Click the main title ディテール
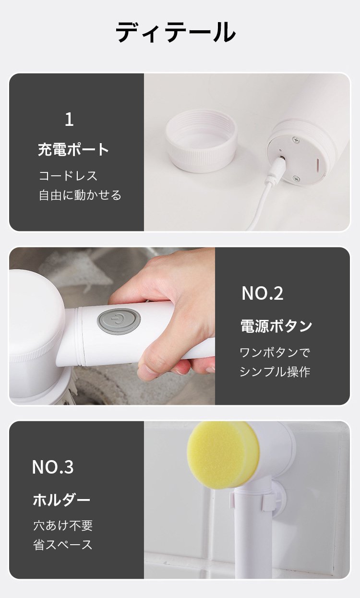175,32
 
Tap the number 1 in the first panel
69,119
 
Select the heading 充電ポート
73,149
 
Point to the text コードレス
68,176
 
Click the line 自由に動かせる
80,195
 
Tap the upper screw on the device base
296,140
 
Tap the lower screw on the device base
296,178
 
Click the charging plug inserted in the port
277,166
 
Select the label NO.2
263,293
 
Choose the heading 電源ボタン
276,326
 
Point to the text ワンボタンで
275,353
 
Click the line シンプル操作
275,372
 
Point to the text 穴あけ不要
63,525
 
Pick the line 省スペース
63,545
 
